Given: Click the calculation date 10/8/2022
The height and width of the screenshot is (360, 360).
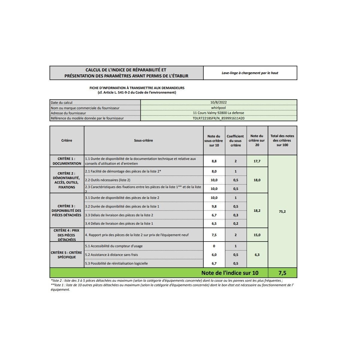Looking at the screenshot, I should point(218,102).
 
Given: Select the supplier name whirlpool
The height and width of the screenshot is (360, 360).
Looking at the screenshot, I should point(218,108).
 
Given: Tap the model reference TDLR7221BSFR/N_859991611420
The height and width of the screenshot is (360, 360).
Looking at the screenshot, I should point(218,118).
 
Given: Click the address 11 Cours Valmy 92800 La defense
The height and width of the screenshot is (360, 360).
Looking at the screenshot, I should point(218,113).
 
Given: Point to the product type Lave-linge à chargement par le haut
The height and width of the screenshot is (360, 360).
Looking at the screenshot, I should point(250,73).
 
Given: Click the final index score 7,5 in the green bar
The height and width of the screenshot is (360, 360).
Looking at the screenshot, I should point(282,273).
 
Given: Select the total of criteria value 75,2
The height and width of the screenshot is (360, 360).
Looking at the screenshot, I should point(282,211).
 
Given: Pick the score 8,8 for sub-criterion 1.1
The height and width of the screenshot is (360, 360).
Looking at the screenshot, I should point(214,161).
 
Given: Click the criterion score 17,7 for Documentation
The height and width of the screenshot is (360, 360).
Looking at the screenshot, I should point(257,161).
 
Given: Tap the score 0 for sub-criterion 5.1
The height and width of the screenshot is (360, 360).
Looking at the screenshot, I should point(214,246).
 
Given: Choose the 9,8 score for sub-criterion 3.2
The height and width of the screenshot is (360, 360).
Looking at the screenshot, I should point(214,206).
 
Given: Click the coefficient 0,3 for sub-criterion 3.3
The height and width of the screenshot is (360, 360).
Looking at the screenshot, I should point(235,215).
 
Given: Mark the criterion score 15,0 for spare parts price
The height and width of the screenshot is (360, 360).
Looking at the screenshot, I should point(257,235).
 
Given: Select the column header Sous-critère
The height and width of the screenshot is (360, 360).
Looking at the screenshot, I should point(143,140).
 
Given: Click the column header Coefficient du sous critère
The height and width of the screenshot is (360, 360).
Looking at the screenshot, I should point(235,141).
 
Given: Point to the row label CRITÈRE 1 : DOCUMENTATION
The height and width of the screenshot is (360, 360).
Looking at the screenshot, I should point(67,161).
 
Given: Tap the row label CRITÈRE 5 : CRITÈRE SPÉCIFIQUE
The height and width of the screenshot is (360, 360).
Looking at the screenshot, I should point(67,255).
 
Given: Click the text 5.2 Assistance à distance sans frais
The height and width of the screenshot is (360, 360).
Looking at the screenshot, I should point(112,255).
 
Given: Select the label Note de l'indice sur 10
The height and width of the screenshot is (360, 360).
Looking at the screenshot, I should point(230,273).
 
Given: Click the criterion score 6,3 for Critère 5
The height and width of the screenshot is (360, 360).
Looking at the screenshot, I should point(257,255).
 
